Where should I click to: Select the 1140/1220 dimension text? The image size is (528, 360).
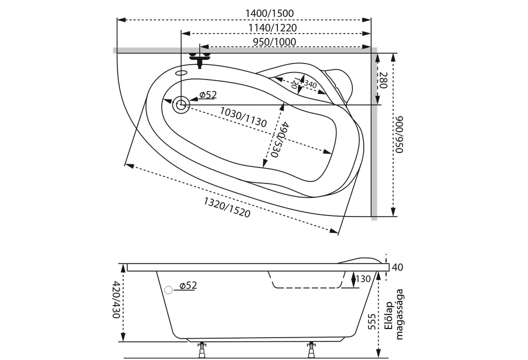coord(273,27)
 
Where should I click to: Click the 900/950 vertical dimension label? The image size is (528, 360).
coord(399,134)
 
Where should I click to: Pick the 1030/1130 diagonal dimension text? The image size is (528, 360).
coord(243,117)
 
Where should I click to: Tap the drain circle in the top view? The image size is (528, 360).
coord(181,105)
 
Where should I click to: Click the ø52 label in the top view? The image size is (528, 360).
coord(208,95)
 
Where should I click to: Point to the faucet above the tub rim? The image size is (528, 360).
coord(200,58)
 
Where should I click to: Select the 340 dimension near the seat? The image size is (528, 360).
coord(310,85)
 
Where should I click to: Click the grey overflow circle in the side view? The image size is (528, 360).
coord(169,290)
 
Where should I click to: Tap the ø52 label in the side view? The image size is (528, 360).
coord(188,286)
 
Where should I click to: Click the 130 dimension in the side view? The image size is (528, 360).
coord(363,279)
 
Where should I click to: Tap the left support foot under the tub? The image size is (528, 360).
coord(202,350)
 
